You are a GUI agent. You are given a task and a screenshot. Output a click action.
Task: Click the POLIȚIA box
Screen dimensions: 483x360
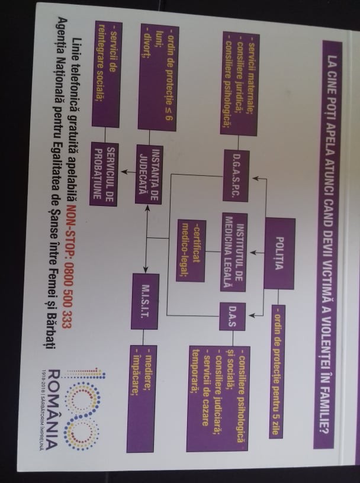[x=279, y=253]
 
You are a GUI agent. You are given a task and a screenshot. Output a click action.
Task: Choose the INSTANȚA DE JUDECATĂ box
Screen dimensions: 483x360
[x=149, y=174]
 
